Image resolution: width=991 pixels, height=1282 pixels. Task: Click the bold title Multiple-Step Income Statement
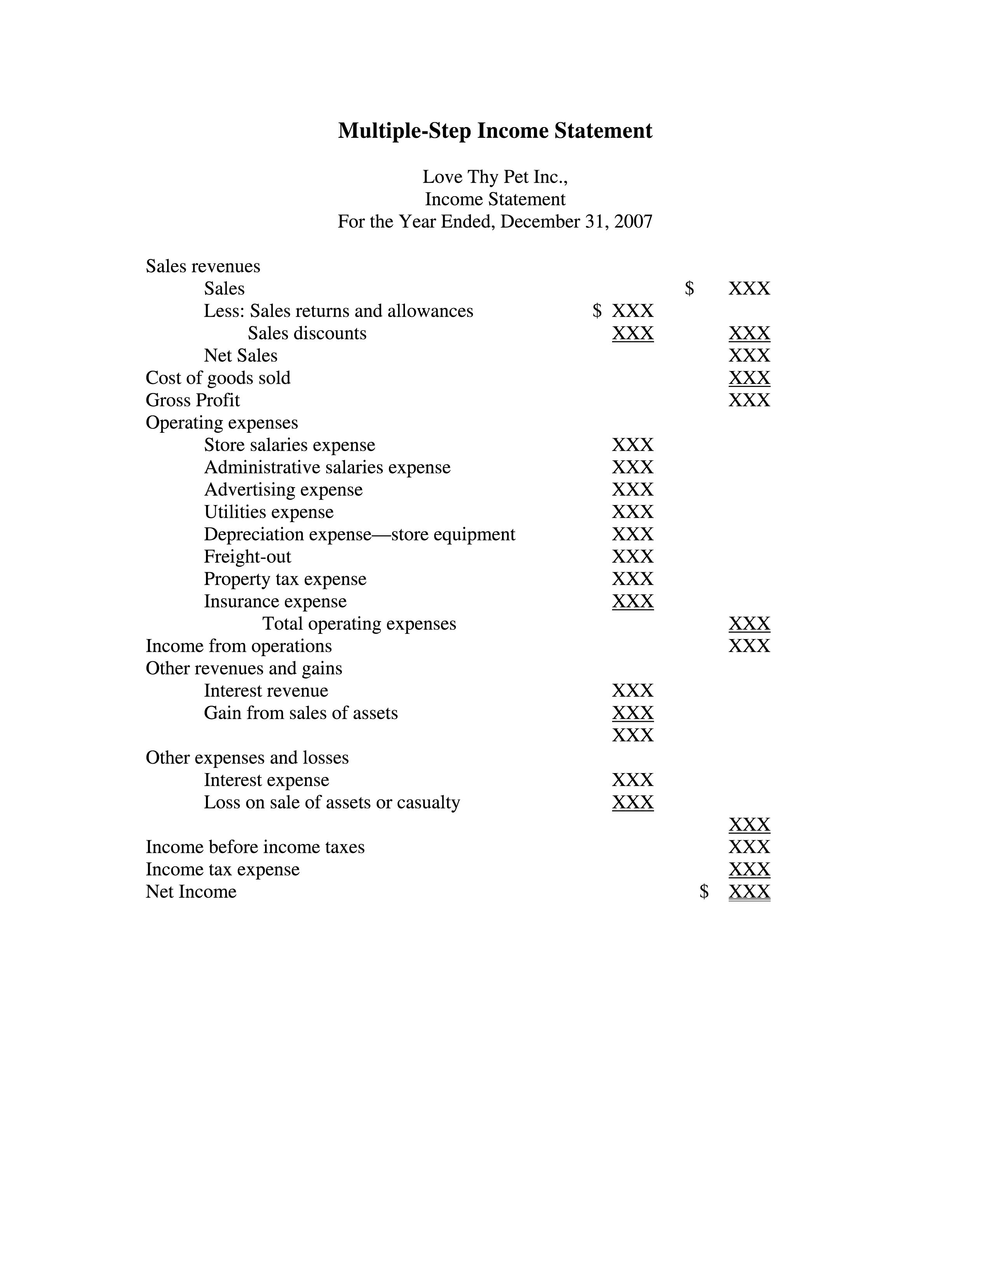(x=495, y=130)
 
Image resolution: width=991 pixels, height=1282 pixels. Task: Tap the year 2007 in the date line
(x=633, y=221)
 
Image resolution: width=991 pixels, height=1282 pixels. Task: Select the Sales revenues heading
(x=202, y=266)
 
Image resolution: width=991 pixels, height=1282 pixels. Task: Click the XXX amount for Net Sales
(x=749, y=355)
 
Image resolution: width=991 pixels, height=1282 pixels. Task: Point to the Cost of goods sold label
(x=218, y=378)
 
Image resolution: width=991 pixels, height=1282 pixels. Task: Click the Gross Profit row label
(x=192, y=400)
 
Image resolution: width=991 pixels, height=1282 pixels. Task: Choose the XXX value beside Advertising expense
(x=632, y=489)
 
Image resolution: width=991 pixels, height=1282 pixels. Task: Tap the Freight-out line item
(x=247, y=556)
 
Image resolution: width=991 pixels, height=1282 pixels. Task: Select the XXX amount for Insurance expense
(x=632, y=601)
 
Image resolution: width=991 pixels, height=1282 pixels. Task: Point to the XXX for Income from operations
(x=749, y=646)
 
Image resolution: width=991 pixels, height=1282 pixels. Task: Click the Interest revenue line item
(x=266, y=690)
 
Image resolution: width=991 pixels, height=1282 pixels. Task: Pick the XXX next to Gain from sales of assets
(x=632, y=712)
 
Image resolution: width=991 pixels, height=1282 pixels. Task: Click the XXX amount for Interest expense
(x=632, y=780)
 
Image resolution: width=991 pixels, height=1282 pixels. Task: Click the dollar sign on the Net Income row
(x=704, y=892)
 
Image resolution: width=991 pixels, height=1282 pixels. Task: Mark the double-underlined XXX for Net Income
(x=749, y=892)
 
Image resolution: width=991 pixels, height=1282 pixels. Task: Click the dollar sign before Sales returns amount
(x=597, y=310)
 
